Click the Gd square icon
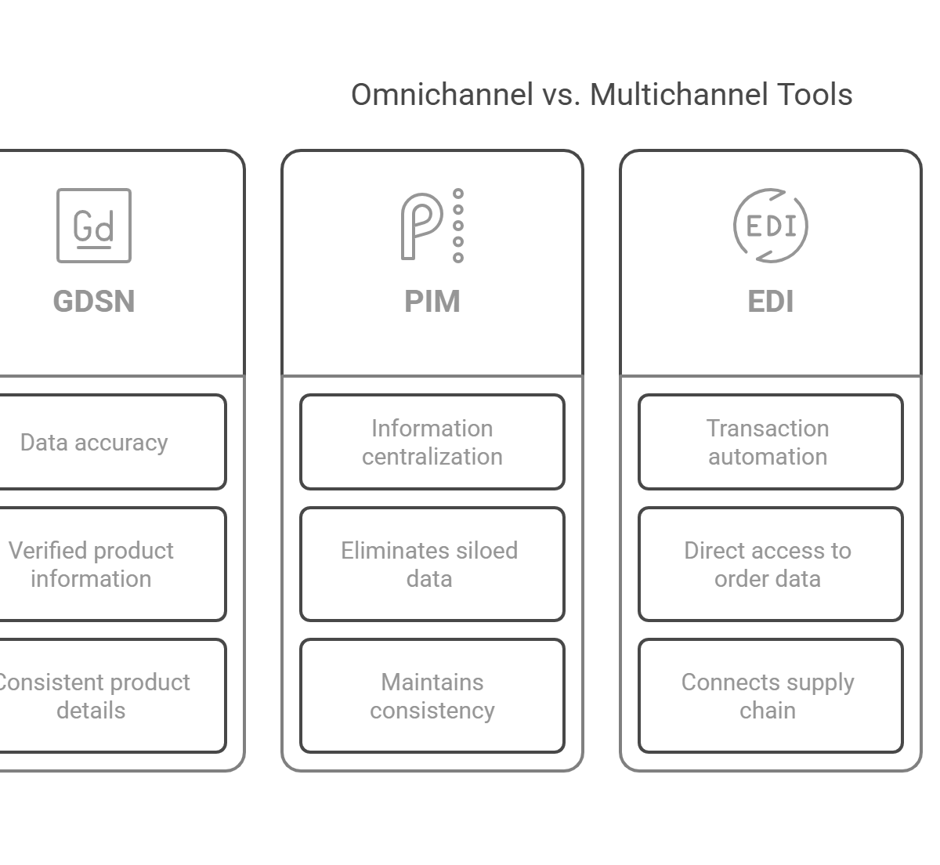tap(94, 226)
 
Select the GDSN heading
tap(94, 302)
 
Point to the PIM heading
tap(432, 302)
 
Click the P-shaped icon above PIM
tap(423, 226)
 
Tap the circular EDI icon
tap(771, 226)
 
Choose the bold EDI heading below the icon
tap(771, 302)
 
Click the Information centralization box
tap(432, 443)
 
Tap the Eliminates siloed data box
tap(432, 564)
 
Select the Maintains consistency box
tap(432, 696)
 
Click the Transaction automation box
tap(771, 443)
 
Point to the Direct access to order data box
tap(771, 564)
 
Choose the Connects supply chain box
tap(771, 696)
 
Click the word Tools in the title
tap(815, 95)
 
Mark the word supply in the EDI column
tap(819, 683)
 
